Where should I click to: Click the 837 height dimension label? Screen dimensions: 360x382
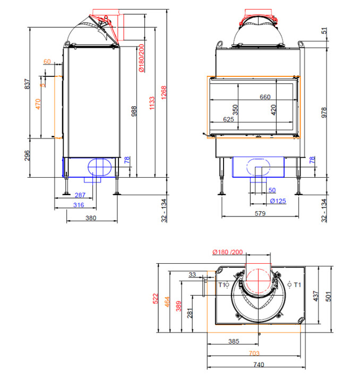point(28,84)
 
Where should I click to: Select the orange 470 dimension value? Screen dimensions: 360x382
point(38,104)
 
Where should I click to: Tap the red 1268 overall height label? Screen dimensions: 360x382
point(164,92)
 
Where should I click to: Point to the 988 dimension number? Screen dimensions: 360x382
point(134,111)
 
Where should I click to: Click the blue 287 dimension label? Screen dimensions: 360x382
point(80,195)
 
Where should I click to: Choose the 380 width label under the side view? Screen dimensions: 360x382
point(91,218)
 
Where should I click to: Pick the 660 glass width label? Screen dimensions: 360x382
point(265,97)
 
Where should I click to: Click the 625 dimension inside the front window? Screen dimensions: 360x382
point(228,119)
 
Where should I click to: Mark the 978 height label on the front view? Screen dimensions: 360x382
point(324,112)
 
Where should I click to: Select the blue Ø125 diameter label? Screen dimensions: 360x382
point(278,201)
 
